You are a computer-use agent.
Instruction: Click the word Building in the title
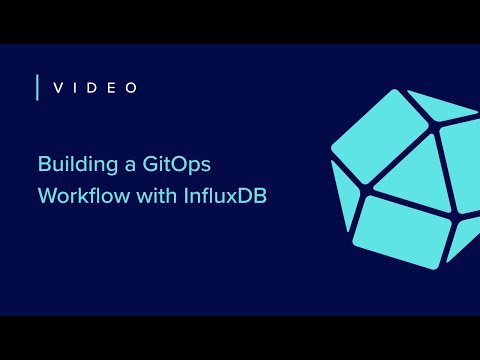point(74,163)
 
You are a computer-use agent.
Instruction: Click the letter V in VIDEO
point(58,88)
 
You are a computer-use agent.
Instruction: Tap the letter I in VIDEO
point(78,88)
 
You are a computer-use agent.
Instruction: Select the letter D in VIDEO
point(96,88)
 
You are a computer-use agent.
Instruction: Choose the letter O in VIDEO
point(134,88)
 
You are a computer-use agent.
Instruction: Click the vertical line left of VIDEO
point(37,88)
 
